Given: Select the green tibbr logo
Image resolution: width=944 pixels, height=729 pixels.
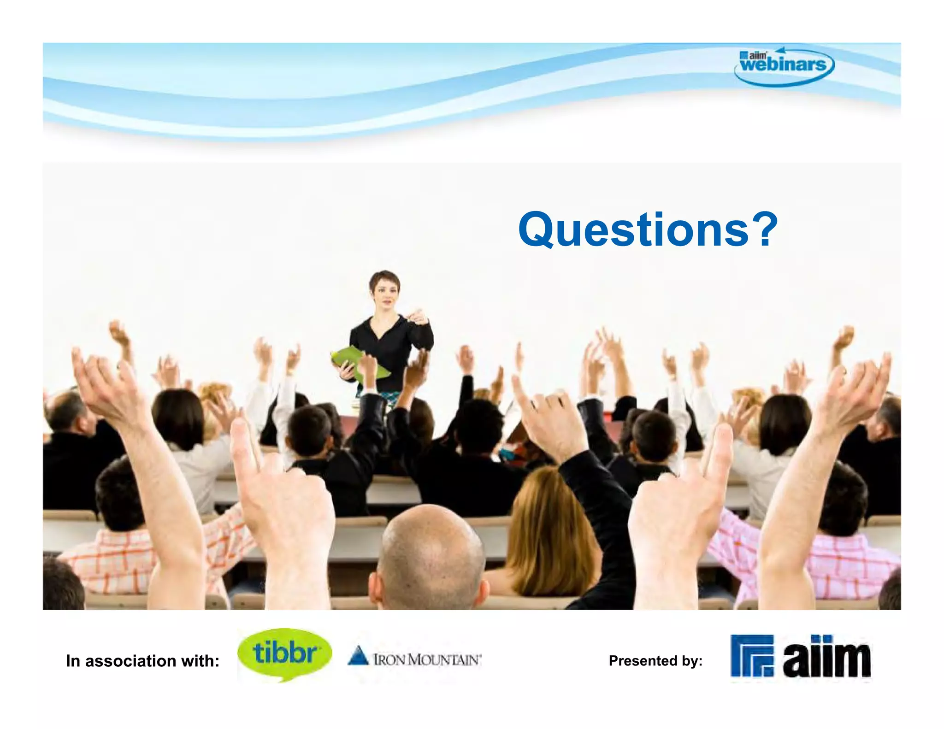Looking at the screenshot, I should (x=284, y=653).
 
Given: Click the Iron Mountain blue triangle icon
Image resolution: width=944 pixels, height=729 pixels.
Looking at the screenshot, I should (x=358, y=656).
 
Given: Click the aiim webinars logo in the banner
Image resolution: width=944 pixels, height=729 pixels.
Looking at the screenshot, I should (x=784, y=66).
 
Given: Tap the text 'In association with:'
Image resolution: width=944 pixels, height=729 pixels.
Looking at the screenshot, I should (x=142, y=661).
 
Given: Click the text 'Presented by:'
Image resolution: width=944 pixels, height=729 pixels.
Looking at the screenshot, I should (x=655, y=661).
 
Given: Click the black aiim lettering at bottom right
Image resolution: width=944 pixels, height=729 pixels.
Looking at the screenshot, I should (x=826, y=658).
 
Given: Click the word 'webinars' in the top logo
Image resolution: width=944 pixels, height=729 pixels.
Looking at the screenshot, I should (x=784, y=65).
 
